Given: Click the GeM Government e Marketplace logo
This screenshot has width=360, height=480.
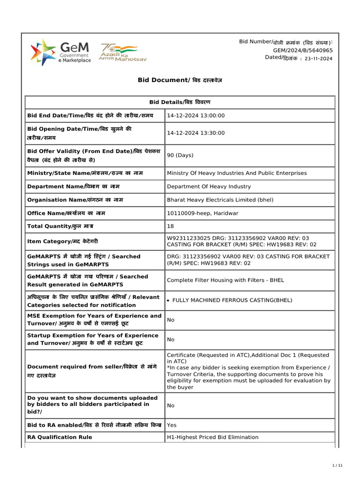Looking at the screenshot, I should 60,52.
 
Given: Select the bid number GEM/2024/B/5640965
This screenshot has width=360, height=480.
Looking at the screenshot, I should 303,50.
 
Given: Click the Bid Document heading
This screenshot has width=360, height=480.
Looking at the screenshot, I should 180,80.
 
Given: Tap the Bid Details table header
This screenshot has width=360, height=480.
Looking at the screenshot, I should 180,102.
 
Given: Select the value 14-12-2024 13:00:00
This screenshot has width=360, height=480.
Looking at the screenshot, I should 196,116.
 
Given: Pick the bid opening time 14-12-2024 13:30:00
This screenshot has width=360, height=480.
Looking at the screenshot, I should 196,133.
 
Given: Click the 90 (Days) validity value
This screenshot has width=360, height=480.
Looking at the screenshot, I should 180,155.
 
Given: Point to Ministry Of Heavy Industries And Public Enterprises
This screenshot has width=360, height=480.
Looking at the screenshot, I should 237,173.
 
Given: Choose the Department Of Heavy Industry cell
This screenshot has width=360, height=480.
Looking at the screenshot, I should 209,187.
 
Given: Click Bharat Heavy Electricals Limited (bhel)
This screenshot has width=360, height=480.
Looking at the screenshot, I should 220,200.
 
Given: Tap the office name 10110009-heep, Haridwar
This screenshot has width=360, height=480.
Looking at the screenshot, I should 202,213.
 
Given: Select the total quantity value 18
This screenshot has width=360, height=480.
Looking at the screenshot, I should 170,226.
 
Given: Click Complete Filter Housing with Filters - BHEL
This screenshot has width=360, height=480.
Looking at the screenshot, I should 225,280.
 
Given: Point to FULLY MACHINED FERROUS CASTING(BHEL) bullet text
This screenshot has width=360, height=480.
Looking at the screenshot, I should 232,300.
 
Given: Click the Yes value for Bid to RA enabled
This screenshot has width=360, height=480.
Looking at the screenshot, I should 172,425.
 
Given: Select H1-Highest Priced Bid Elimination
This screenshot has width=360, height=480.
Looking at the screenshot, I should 212,437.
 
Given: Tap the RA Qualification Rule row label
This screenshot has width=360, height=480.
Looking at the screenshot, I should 60,437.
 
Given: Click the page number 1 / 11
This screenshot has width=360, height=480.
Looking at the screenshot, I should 337,465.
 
